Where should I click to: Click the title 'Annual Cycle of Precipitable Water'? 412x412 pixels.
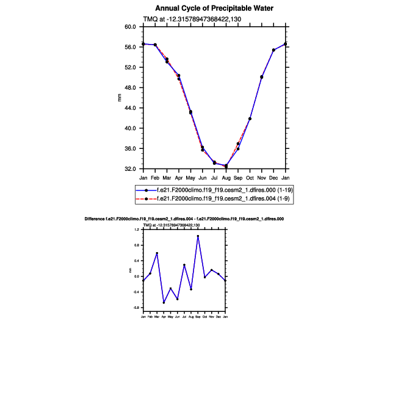tap(214, 9)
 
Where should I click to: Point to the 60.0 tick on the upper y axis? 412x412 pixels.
tap(130, 27)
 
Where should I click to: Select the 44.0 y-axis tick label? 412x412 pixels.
tap(130, 108)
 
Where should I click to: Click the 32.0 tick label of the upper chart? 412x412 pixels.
tap(130, 169)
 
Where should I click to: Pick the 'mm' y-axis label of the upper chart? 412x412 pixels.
tap(120, 98)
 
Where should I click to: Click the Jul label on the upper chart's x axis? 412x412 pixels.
tap(214, 178)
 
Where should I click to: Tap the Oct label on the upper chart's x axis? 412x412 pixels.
tap(250, 178)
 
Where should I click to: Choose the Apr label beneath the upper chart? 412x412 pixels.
tap(179, 178)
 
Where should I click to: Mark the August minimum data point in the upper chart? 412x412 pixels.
tap(226, 166)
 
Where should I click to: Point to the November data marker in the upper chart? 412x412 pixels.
tap(262, 77)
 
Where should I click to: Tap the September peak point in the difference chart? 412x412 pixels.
tap(198, 236)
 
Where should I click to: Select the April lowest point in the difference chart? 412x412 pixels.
tap(164, 302)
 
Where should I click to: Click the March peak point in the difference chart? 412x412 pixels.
tap(157, 253)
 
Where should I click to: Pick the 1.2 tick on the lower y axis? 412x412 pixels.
tap(137, 229)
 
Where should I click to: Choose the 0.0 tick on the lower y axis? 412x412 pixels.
tap(137, 276)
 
